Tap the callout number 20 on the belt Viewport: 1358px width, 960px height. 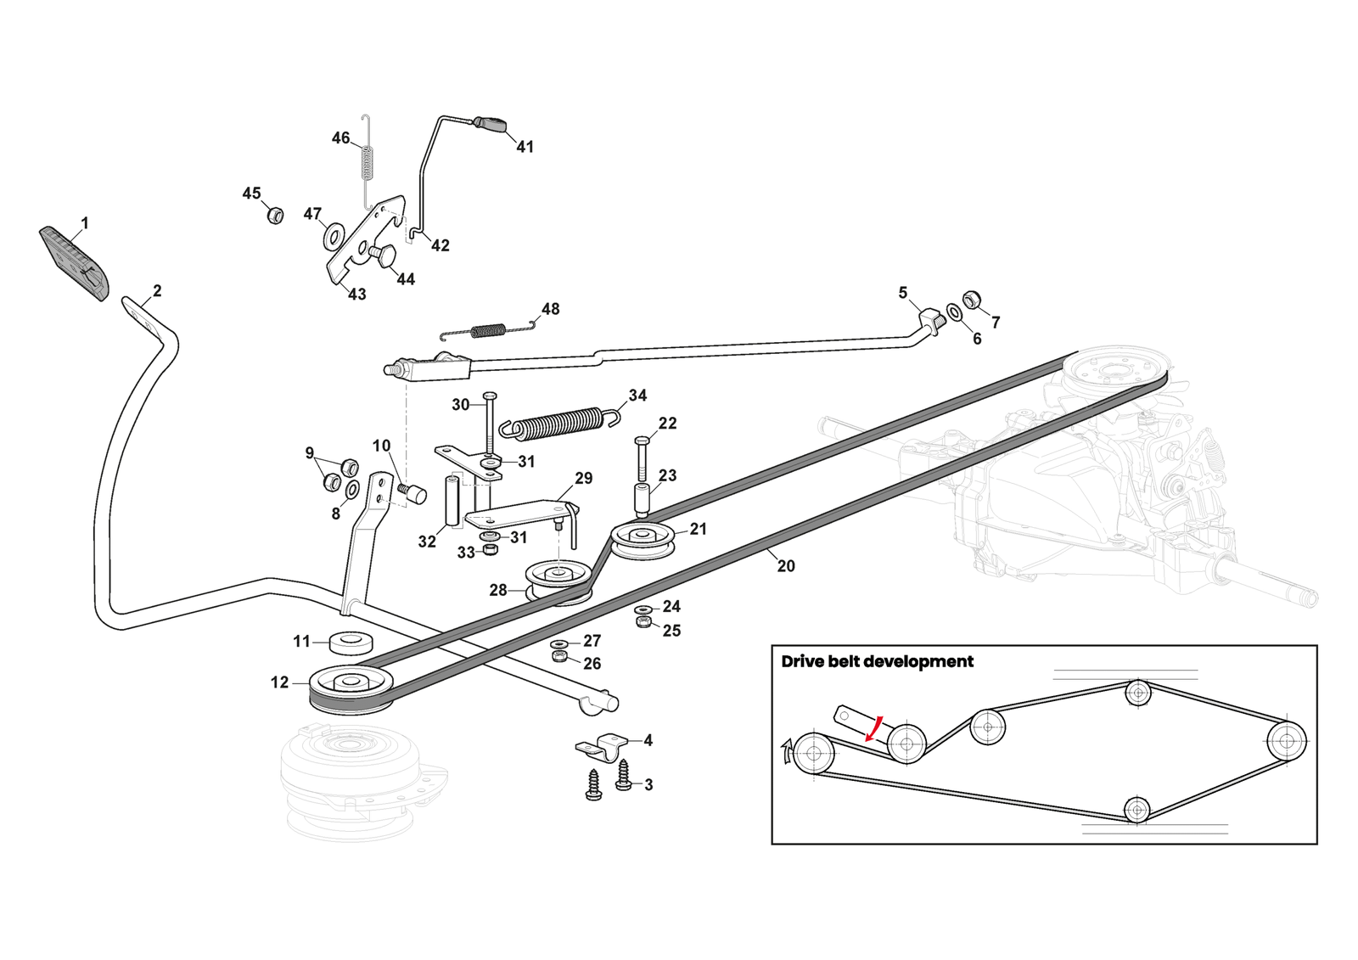[x=786, y=566]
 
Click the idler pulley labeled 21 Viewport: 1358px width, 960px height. [x=643, y=540]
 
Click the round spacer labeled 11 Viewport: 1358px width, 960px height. [x=351, y=643]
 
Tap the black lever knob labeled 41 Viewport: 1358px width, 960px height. [x=491, y=124]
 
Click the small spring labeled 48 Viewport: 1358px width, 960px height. [x=488, y=329]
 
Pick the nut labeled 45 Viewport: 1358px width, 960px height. [x=274, y=214]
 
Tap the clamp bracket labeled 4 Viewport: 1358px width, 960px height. [x=602, y=747]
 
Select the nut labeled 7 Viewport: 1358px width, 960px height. [x=973, y=300]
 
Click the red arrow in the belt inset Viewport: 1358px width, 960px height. [x=874, y=728]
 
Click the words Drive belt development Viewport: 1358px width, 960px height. [x=877, y=662]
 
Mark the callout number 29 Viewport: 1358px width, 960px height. [x=584, y=479]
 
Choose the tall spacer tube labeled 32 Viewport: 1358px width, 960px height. [x=452, y=502]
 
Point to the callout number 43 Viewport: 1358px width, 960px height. [x=357, y=295]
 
